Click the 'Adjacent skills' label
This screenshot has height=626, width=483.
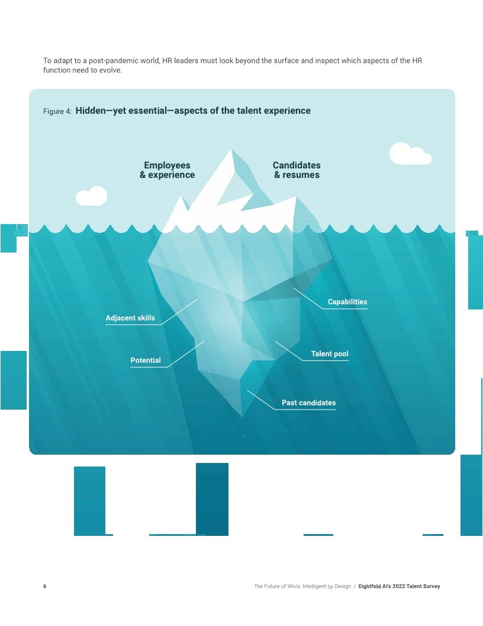click(x=130, y=318)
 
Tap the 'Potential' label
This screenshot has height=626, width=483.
click(x=146, y=360)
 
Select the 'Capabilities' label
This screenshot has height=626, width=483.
click(x=347, y=302)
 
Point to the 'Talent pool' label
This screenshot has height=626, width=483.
click(x=330, y=354)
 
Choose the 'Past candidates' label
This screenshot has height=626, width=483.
click(x=308, y=403)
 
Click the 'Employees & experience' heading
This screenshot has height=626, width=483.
click(x=167, y=170)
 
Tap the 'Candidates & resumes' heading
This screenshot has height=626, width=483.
click(x=297, y=170)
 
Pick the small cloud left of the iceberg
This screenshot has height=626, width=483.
click(x=92, y=196)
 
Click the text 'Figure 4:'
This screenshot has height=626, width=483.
click(x=57, y=111)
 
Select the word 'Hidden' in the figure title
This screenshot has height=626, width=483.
click(x=91, y=111)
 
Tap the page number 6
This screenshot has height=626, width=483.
click(x=44, y=586)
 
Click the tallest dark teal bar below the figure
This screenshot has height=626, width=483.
click(x=212, y=499)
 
